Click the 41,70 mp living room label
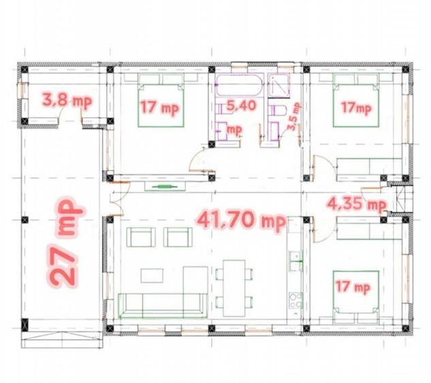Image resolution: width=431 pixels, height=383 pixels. click(x=241, y=220)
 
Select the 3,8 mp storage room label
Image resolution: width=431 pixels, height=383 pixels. click(x=67, y=101)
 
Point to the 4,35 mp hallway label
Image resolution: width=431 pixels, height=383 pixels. click(x=357, y=204)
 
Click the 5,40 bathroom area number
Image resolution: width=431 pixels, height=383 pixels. click(x=241, y=105)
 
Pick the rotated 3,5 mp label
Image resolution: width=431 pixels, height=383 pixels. click(x=294, y=116)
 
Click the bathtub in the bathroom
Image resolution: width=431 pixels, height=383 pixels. click(x=240, y=85)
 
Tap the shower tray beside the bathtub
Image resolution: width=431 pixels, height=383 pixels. click(x=279, y=86)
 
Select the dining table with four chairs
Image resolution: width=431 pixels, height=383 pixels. click(x=234, y=288)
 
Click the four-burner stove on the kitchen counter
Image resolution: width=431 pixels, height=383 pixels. click(x=296, y=301)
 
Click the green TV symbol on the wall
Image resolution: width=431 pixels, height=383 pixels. click(x=165, y=186)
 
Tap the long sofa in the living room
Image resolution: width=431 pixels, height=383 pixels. click(x=163, y=305)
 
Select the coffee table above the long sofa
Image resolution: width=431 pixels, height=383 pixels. click(x=152, y=276)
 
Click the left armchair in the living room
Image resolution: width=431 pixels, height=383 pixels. click(x=140, y=237)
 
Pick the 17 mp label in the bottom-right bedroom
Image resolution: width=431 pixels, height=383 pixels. click(x=353, y=287)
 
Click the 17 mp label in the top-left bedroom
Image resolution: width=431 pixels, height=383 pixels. click(x=159, y=107)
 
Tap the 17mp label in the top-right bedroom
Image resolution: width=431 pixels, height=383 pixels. click(x=356, y=107)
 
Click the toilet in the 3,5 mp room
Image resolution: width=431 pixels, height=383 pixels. click(x=277, y=110)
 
